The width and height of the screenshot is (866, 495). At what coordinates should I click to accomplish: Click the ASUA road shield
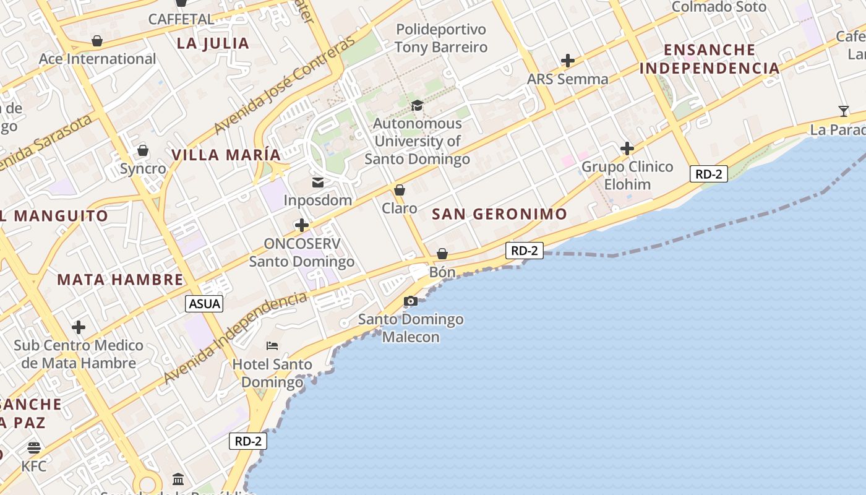[x=204, y=304]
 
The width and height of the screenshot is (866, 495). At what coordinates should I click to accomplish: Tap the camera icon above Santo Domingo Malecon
[x=410, y=301]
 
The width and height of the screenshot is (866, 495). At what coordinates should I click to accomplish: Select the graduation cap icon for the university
[x=417, y=106]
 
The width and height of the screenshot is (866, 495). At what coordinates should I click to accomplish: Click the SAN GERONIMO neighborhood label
[x=499, y=215]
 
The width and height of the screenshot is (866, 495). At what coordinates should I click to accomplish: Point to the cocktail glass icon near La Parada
[x=844, y=111]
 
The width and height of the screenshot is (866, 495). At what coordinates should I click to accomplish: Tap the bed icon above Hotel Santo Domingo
[x=272, y=345]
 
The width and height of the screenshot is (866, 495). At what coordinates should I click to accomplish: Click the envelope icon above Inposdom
[x=318, y=183]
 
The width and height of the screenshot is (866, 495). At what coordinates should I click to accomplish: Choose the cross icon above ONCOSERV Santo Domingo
[x=302, y=225]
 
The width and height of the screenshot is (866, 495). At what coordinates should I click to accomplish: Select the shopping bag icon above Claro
[x=400, y=190]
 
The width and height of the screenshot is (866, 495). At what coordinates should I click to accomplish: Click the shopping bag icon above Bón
[x=442, y=254]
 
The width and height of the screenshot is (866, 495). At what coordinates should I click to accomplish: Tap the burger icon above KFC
[x=34, y=447]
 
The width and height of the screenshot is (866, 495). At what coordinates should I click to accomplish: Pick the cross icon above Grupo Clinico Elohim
[x=627, y=148]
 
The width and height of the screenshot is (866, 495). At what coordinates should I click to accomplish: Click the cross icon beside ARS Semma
[x=568, y=61]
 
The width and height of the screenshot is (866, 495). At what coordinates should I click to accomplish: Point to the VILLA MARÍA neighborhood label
[x=226, y=155]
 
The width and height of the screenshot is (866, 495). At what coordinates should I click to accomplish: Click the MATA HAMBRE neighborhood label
[x=121, y=280]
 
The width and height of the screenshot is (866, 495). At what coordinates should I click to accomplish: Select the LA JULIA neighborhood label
[x=213, y=43]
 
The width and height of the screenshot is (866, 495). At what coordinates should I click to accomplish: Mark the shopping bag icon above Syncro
[x=143, y=150]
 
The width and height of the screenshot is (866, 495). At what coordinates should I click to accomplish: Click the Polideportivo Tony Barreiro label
[x=441, y=38]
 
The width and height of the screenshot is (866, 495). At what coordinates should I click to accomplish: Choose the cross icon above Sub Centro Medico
[x=79, y=327]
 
